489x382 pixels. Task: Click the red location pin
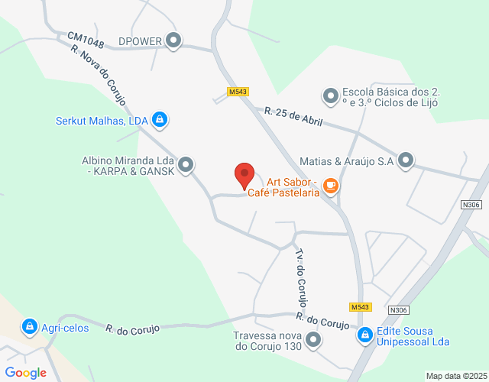pos(244,176)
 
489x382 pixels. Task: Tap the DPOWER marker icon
pos(174,40)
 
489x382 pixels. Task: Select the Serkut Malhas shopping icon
pos(160,120)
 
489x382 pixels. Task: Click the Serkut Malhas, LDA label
pos(102,121)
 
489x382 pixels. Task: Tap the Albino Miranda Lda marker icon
pos(186,164)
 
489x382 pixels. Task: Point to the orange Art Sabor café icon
pos(330,185)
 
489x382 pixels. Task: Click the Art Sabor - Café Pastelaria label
pos(293,188)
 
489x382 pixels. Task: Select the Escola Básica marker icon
pos(331,96)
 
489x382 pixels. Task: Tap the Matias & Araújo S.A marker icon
pos(406,160)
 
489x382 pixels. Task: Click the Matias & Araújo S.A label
pos(346,161)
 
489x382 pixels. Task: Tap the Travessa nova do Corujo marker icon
pos(312,340)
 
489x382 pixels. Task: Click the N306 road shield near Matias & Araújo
pos(472,204)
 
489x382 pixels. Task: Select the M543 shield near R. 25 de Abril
pos(238,92)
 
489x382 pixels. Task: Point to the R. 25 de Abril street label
pos(293,117)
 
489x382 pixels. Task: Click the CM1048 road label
pos(85,38)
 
